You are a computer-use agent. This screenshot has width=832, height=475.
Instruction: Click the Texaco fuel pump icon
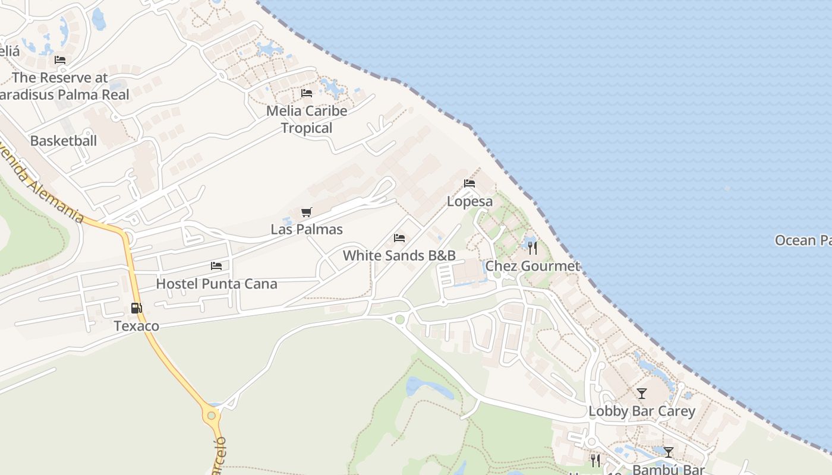tap(137, 308)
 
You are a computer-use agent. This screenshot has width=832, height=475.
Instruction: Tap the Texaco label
tap(137, 326)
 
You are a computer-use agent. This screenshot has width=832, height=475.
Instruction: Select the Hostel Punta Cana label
tap(216, 284)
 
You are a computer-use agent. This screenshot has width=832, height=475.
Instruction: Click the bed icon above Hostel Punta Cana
tap(216, 266)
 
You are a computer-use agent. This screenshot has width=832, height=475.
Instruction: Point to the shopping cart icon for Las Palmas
tap(307, 212)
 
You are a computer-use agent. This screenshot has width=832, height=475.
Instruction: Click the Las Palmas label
tap(307, 229)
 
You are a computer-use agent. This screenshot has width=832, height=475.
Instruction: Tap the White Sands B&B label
tap(399, 256)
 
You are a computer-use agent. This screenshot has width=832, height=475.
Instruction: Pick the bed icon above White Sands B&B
tap(399, 238)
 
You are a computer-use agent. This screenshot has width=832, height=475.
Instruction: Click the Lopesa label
tap(469, 201)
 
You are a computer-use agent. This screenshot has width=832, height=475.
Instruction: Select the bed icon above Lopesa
tap(469, 183)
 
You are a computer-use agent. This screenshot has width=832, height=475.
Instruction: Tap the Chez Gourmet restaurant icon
tap(532, 248)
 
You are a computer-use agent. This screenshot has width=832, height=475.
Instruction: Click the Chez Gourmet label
tap(532, 266)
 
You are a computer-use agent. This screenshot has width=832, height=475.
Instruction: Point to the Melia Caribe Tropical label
tap(307, 119)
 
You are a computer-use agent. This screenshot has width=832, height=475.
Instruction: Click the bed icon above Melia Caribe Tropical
tap(307, 93)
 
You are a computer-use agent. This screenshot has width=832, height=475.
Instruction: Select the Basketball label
tap(64, 141)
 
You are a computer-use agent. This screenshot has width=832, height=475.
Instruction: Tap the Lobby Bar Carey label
tap(642, 411)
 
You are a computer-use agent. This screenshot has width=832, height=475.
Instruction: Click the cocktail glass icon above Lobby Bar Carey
tap(642, 393)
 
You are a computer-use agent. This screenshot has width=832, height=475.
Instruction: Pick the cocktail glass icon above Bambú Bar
tap(669, 452)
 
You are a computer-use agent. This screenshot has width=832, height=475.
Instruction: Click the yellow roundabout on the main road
tap(211, 414)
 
